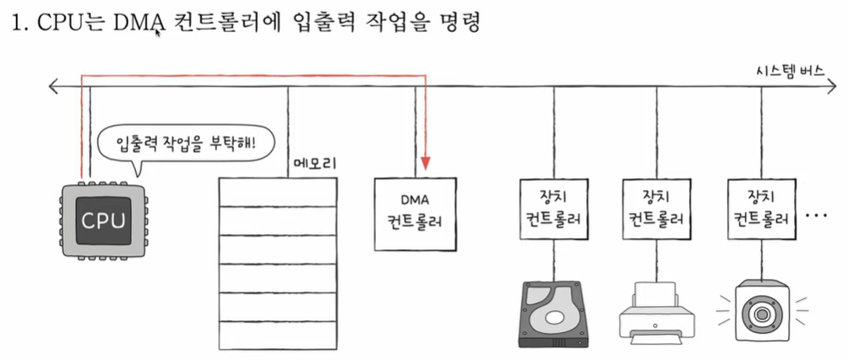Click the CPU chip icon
pyautogui.click(x=102, y=221)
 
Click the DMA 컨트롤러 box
pyautogui.click(x=416, y=213)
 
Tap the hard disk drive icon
pyautogui.click(x=554, y=313)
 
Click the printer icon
pyautogui.click(x=656, y=315)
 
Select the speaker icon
pyautogui.click(x=761, y=312)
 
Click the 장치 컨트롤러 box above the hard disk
pyautogui.click(x=554, y=213)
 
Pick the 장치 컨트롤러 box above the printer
pyautogui.click(x=656, y=213)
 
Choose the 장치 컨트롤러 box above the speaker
pyautogui.click(x=760, y=213)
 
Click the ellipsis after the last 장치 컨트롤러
pyautogui.click(x=817, y=216)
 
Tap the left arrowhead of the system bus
pyautogui.click(x=54, y=85)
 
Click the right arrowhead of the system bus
pyautogui.click(x=836, y=85)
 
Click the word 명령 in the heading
pyautogui.click(x=459, y=24)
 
